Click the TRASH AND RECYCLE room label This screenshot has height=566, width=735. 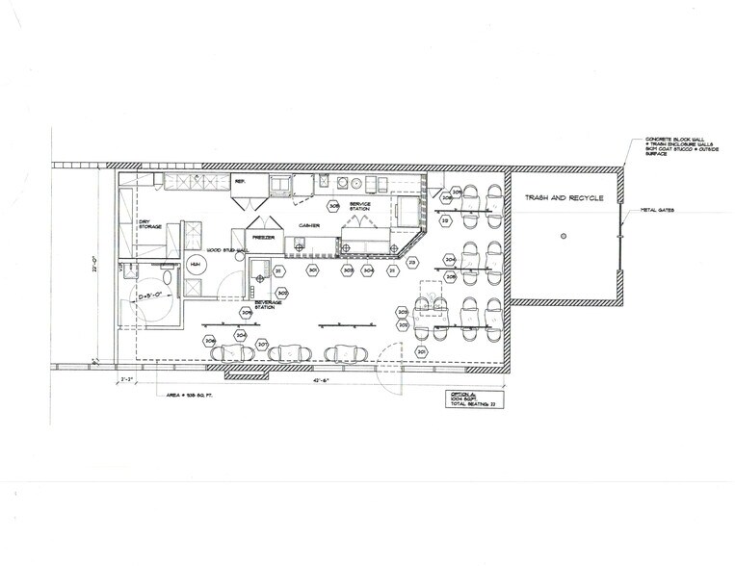pyautogui.click(x=564, y=197)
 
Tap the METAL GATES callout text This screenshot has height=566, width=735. pyautogui.click(x=657, y=211)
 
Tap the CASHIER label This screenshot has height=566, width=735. pyautogui.click(x=309, y=225)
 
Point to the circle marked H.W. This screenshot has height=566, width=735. pyautogui.click(x=195, y=264)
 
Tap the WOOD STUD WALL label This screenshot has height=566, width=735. pyautogui.click(x=230, y=249)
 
